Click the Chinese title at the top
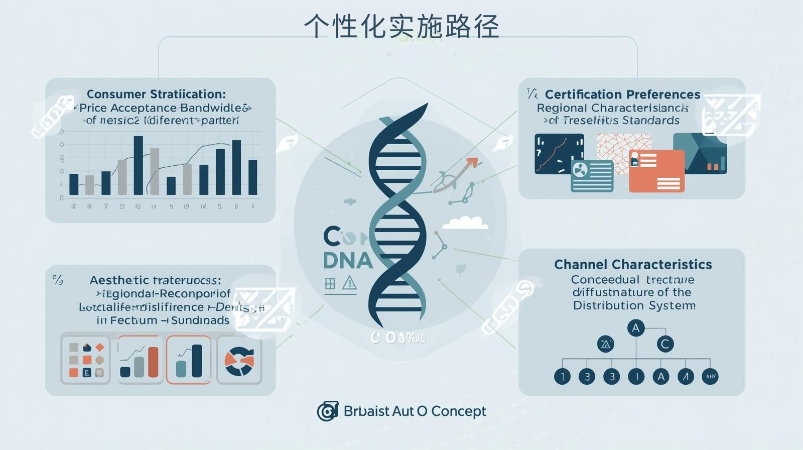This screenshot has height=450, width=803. click(x=401, y=26)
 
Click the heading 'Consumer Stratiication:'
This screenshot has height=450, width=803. click(x=156, y=94)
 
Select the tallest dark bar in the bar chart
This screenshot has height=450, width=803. click(x=138, y=166)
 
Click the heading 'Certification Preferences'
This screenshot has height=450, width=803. click(x=622, y=94)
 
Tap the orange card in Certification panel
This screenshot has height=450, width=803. click(x=656, y=171)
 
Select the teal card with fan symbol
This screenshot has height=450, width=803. click(x=592, y=176)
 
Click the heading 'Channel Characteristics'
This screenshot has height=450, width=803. click(x=633, y=265)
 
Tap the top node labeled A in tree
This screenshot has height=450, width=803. click(x=636, y=328)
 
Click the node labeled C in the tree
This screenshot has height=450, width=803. click(x=665, y=344)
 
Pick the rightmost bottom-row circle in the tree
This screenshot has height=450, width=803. click(x=710, y=376)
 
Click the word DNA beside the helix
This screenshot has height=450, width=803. click(x=348, y=260)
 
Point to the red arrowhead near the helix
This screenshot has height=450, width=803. click(x=472, y=163)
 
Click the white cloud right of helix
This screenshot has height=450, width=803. click(x=465, y=222)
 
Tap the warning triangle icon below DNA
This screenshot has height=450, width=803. click(x=349, y=284)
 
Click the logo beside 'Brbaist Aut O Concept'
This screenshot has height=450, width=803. click(x=327, y=411)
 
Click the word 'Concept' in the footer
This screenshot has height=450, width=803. click(x=458, y=411)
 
